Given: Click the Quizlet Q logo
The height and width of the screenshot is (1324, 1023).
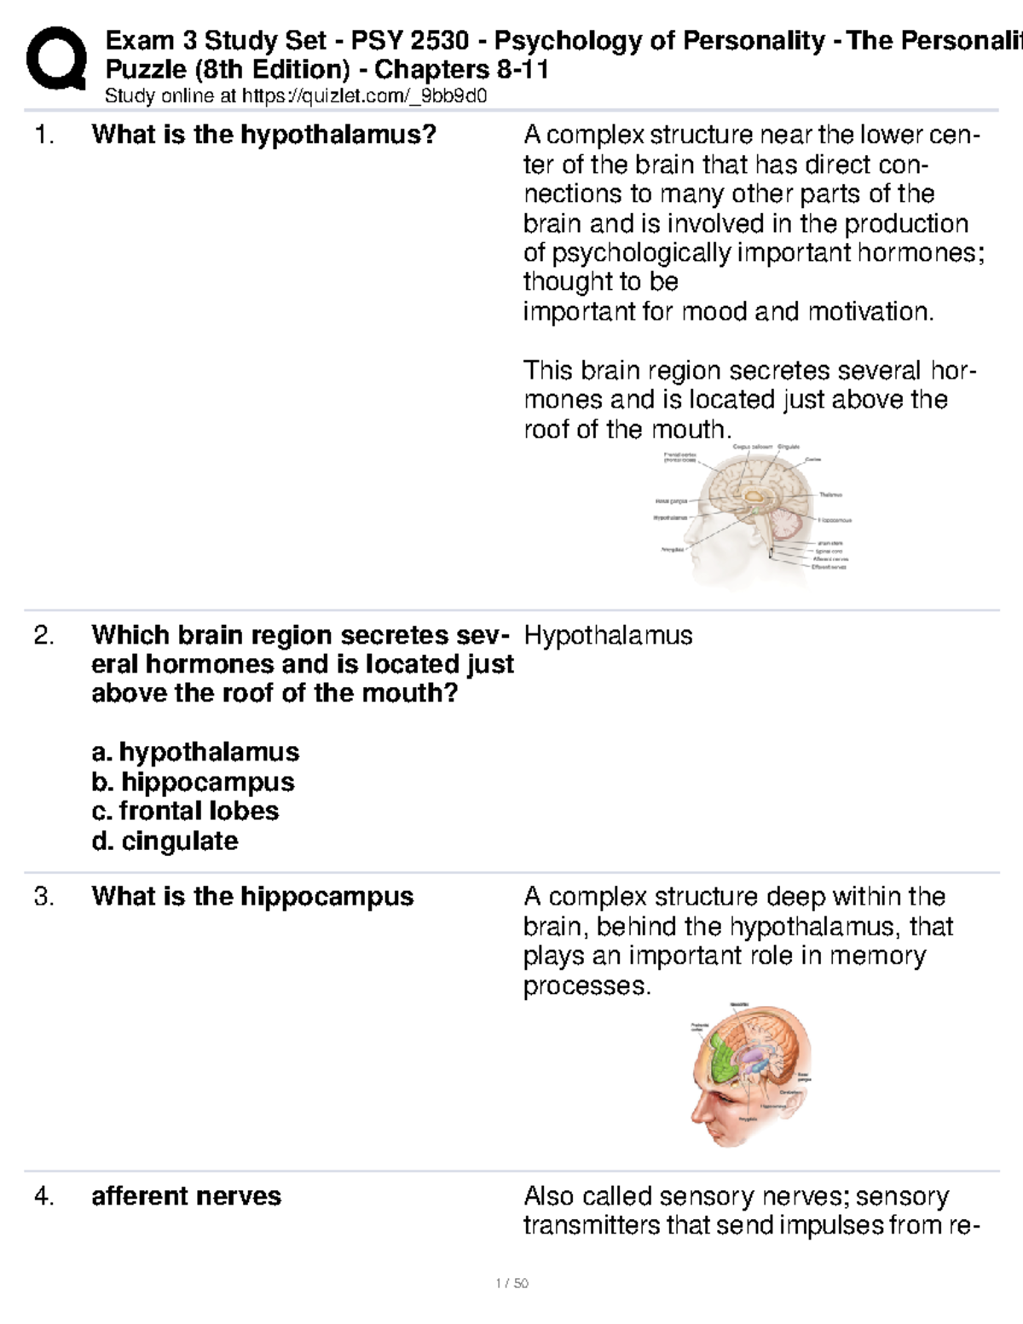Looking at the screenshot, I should (55, 59).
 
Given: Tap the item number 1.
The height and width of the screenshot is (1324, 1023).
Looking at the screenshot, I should (44, 135).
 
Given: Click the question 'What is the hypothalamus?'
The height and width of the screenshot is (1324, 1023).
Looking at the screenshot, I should (263, 135).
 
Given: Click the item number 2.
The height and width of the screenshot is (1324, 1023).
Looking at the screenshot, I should (44, 635).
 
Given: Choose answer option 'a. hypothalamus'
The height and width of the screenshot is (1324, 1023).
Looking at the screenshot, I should (195, 752).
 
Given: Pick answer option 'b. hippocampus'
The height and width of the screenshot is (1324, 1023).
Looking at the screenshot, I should (193, 782).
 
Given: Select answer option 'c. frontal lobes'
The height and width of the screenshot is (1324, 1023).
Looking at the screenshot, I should (185, 811).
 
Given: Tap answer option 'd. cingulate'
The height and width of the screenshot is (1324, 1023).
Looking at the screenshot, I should (165, 841).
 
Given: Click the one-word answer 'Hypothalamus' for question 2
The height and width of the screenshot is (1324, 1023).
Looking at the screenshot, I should (608, 635).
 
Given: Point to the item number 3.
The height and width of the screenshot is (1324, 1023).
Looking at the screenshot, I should (44, 896).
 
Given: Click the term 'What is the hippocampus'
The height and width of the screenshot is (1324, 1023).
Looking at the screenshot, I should (252, 896).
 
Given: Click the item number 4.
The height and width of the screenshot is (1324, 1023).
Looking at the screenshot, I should (44, 1196).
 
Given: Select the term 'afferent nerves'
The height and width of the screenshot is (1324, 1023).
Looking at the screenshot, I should (186, 1196).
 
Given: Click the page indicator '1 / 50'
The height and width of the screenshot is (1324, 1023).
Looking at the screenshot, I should (511, 1283).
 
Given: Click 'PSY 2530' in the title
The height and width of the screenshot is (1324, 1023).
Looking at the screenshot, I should (405, 40).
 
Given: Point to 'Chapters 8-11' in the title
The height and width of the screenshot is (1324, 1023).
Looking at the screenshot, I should (461, 69).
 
